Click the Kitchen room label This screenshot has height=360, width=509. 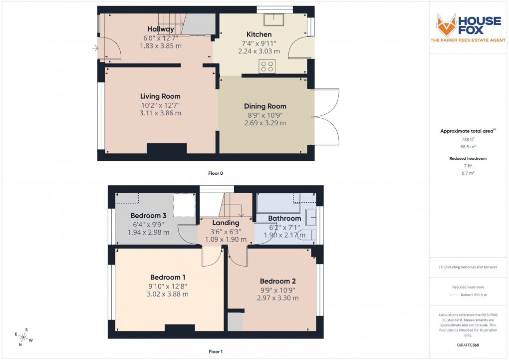pos(259,34)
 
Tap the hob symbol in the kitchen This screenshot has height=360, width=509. pos(267,66)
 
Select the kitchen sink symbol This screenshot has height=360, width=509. pos(274,19)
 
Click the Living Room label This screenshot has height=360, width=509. pos(160,96)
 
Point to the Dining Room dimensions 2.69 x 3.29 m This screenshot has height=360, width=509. pos(265,123)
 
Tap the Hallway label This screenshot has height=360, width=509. pos(161,29)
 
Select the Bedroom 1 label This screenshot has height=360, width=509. pos(168,277)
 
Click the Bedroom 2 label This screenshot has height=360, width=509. pos(278,281)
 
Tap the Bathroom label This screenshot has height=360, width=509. pos(284,218)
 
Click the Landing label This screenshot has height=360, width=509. pos(226,223)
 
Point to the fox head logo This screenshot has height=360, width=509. pos(446,24)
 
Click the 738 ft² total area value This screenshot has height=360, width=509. pos(468,140)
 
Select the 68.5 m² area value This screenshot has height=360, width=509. pos(468,148)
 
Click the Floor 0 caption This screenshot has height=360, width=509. pos(216,173)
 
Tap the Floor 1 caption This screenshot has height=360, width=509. pos(216,352)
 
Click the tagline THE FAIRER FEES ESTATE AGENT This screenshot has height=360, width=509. pos(468,40)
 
